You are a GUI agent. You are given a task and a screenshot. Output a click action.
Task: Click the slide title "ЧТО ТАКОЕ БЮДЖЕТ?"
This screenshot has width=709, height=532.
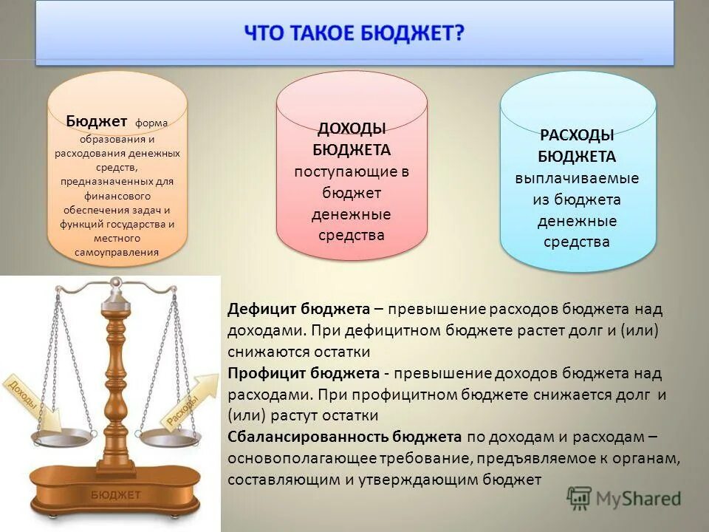pos(354,34)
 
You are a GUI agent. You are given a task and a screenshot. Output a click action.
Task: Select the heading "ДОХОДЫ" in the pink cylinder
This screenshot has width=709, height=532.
pos(352,129)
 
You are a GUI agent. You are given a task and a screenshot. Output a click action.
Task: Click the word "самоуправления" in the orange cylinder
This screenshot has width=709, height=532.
pos(117,253)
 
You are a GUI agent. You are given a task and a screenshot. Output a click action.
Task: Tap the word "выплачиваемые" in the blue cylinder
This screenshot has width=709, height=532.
pos(577,178)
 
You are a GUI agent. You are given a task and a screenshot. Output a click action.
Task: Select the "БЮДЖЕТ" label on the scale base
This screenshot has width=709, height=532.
pos(116,494)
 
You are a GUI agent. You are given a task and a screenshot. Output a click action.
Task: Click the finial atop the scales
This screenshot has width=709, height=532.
pos(115,282)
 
